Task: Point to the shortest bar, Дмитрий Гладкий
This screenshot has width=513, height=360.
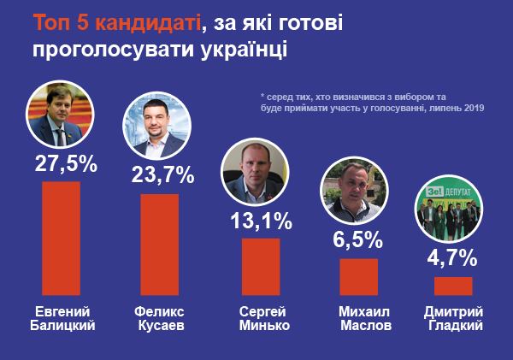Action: (x=453, y=286)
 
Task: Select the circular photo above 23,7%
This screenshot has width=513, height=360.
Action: (x=159, y=128)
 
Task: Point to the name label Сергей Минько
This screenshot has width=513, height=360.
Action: (x=261, y=317)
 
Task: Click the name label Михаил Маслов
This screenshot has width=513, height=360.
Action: (x=359, y=317)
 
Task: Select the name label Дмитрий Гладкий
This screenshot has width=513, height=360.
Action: (x=454, y=317)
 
